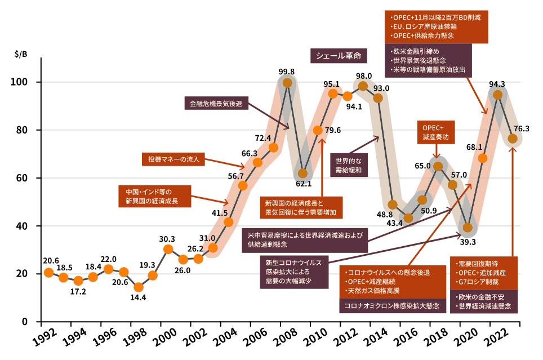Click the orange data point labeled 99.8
click(287, 83)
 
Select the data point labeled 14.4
click(139, 287)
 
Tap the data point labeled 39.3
click(467, 228)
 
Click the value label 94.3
click(497, 85)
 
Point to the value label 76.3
click(521, 129)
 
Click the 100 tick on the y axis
click(29, 82)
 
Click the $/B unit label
click(21, 55)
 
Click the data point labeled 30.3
click(168, 249)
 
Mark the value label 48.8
click(385, 215)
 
